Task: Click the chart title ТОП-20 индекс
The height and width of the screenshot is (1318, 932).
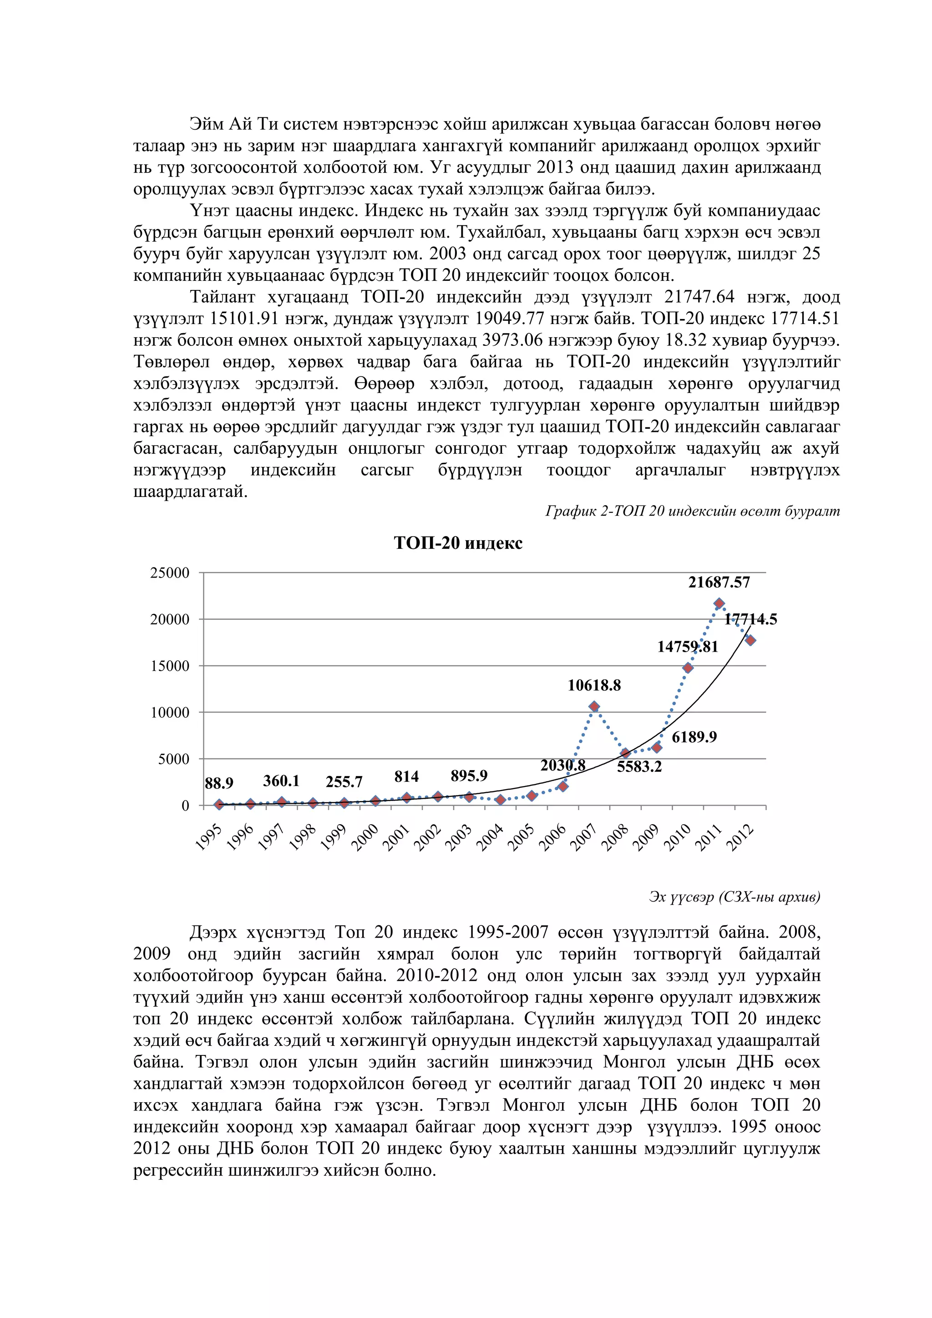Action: click(458, 543)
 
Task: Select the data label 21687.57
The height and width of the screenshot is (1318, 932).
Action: click(719, 582)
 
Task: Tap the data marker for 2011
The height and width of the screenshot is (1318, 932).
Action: click(719, 603)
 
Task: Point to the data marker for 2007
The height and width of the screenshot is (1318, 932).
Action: click(594, 707)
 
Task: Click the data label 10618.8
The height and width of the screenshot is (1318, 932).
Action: click(594, 685)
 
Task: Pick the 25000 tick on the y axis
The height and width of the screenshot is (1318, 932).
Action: click(169, 573)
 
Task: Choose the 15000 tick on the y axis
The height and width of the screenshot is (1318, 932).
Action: click(169, 666)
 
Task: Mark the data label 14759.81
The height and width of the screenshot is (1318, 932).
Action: click(687, 647)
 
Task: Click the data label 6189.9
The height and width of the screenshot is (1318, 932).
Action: click(694, 737)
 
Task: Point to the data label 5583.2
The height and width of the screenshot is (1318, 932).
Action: click(639, 767)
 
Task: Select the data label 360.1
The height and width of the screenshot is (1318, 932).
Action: click(281, 781)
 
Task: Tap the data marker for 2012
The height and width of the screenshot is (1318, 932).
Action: click(750, 640)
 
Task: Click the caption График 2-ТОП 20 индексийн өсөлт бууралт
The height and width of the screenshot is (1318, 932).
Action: click(692, 511)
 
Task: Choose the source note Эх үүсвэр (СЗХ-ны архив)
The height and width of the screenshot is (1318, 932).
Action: click(734, 897)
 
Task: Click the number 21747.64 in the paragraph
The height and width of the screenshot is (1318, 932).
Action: click(699, 297)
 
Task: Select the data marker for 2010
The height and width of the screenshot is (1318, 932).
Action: click(688, 668)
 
